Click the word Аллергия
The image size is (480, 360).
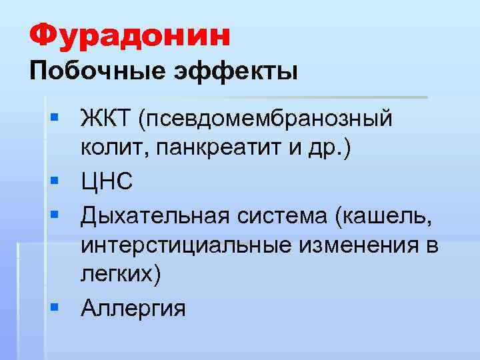click(134, 308)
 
